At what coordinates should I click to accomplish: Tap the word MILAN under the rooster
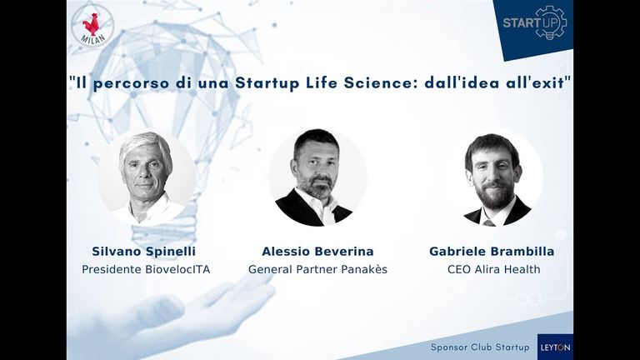(x=93, y=39)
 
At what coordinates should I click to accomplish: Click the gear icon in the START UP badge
(x=551, y=22)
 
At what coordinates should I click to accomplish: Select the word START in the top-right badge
(x=519, y=22)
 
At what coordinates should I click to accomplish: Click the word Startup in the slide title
(x=267, y=83)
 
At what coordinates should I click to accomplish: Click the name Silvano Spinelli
(x=143, y=252)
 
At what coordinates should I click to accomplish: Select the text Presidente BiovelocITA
(x=146, y=269)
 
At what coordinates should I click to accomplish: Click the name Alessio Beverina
(x=317, y=252)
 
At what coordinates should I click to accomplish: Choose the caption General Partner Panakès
(x=317, y=269)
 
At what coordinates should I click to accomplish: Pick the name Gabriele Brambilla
(x=492, y=252)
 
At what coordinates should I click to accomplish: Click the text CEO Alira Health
(x=494, y=269)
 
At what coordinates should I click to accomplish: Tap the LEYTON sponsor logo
(x=555, y=347)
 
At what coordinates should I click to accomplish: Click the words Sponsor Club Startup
(x=480, y=347)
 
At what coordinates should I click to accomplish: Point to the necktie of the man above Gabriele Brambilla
(x=488, y=222)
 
